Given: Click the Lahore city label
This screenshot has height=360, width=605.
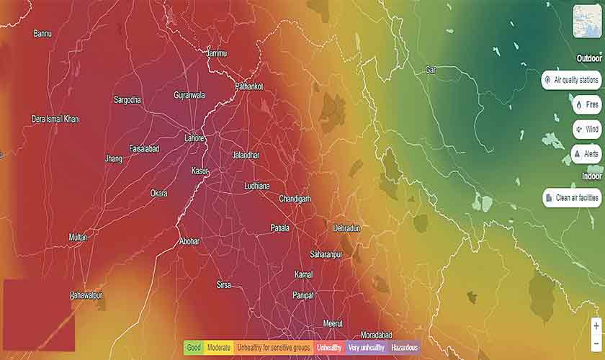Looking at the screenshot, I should [194, 138].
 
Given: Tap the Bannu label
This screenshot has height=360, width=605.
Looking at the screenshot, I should [42, 33].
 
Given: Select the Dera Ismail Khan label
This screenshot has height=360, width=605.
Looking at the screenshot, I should [55, 119].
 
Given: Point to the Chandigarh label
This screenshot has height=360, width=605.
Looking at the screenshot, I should [295, 199].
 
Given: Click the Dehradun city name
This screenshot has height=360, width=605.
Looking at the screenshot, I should [346, 228].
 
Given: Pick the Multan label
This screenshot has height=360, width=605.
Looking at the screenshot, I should [78, 237].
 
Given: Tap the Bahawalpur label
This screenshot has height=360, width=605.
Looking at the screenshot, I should [86, 296].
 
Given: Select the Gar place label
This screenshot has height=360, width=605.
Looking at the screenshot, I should [431, 70].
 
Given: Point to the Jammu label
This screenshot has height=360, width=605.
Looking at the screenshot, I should [216, 53].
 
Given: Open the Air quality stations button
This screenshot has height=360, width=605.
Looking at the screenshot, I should [572, 80].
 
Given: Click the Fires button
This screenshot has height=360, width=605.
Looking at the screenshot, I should [586, 105].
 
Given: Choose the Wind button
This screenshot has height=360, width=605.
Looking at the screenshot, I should [586, 130].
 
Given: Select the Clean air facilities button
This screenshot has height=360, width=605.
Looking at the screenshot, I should [572, 197].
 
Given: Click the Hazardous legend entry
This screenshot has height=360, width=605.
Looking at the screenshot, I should [404, 348].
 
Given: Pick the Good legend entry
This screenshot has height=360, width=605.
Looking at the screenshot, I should [194, 348].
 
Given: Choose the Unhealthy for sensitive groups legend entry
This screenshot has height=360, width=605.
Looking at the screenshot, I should [274, 348].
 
